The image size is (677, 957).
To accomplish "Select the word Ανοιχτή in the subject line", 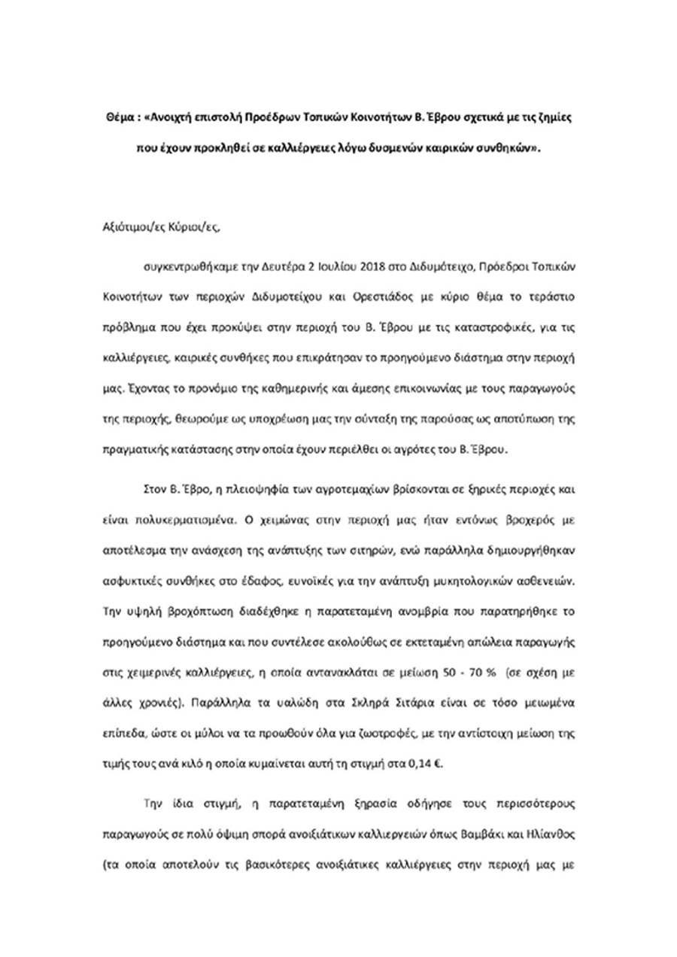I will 172,119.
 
